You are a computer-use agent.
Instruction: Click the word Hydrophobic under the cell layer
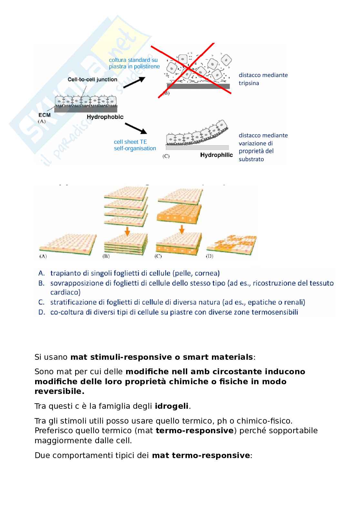[105, 117]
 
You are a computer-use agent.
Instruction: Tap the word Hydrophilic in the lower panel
[216, 155]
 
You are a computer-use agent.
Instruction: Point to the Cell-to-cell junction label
[92, 79]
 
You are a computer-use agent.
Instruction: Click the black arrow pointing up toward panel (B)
[134, 82]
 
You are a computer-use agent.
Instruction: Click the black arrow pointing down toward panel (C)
[135, 128]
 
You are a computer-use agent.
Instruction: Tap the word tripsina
[249, 83]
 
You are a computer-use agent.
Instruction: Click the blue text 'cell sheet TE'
[130, 142]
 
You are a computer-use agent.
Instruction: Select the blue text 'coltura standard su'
[134, 60]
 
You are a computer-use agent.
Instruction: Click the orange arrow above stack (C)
[182, 230]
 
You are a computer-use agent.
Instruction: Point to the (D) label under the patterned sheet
[210, 256]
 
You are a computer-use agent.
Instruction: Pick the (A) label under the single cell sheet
[43, 256]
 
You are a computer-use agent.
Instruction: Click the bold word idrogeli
[172, 406]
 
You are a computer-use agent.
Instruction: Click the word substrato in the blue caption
[251, 159]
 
